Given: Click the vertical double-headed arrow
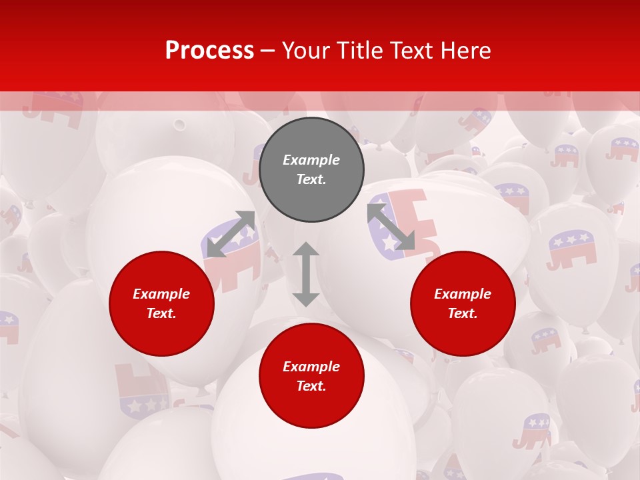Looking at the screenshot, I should [306, 274].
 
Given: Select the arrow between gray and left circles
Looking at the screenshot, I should [231, 234].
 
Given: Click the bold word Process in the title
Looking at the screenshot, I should [209, 51].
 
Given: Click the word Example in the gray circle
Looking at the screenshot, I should [311, 160].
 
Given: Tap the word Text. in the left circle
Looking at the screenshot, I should [161, 313].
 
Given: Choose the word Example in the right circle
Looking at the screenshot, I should [463, 294].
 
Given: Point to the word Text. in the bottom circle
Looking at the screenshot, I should [311, 386].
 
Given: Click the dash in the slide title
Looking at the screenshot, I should [268, 51].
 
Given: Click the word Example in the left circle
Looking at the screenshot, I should [161, 294].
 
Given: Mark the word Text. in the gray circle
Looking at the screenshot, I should [311, 179].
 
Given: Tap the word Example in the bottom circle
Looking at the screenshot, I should [311, 367].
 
